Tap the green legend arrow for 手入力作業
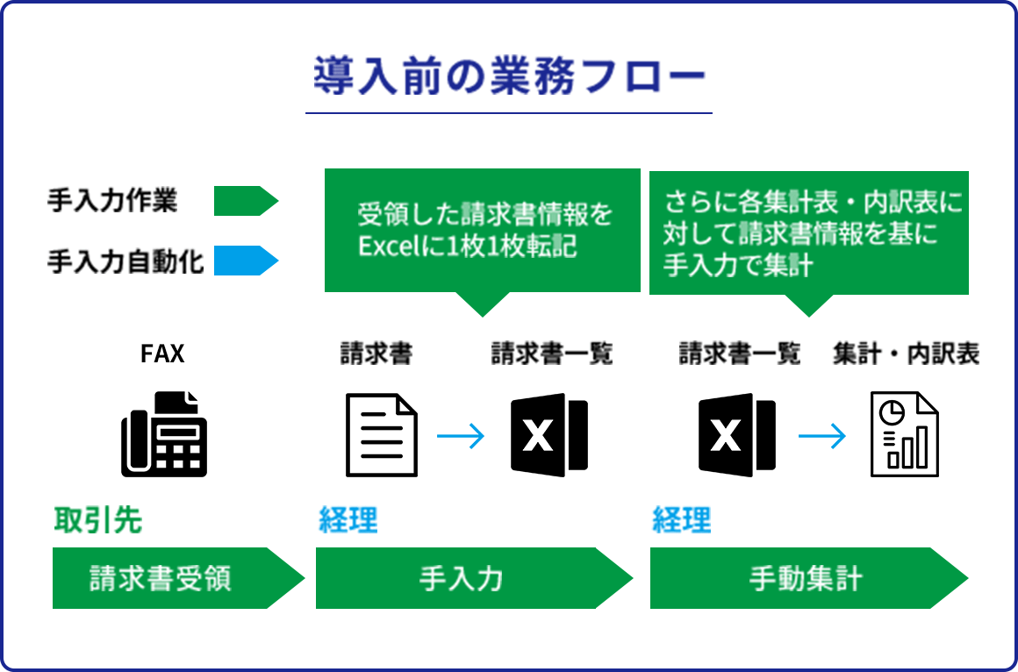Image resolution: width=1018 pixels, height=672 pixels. pyautogui.click(x=246, y=201)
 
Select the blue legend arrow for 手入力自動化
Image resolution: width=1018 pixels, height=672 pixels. pyautogui.click(x=246, y=260)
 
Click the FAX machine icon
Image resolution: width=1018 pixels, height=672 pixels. pyautogui.click(x=164, y=434)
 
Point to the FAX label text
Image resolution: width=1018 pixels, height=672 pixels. pyautogui.click(x=163, y=354)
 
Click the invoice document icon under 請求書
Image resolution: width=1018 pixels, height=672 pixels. pyautogui.click(x=382, y=435)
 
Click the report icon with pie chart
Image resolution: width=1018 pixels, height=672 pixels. pyautogui.click(x=904, y=434)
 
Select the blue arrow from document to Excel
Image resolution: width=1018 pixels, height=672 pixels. pyautogui.click(x=461, y=436)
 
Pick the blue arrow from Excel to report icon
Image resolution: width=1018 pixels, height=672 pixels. pyautogui.click(x=822, y=436)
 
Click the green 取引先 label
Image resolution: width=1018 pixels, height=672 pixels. pyautogui.click(x=97, y=520)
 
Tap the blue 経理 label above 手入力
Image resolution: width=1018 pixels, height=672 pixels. pyautogui.click(x=348, y=520)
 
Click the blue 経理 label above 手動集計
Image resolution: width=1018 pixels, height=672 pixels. pyautogui.click(x=682, y=520)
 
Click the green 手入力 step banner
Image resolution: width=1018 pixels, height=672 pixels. pyautogui.click(x=465, y=578)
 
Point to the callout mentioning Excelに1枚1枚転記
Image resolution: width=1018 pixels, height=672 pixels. pyautogui.click(x=483, y=230)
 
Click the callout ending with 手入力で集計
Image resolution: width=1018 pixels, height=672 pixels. pyautogui.click(x=808, y=232)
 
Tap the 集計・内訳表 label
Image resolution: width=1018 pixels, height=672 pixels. pyautogui.click(x=906, y=354)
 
